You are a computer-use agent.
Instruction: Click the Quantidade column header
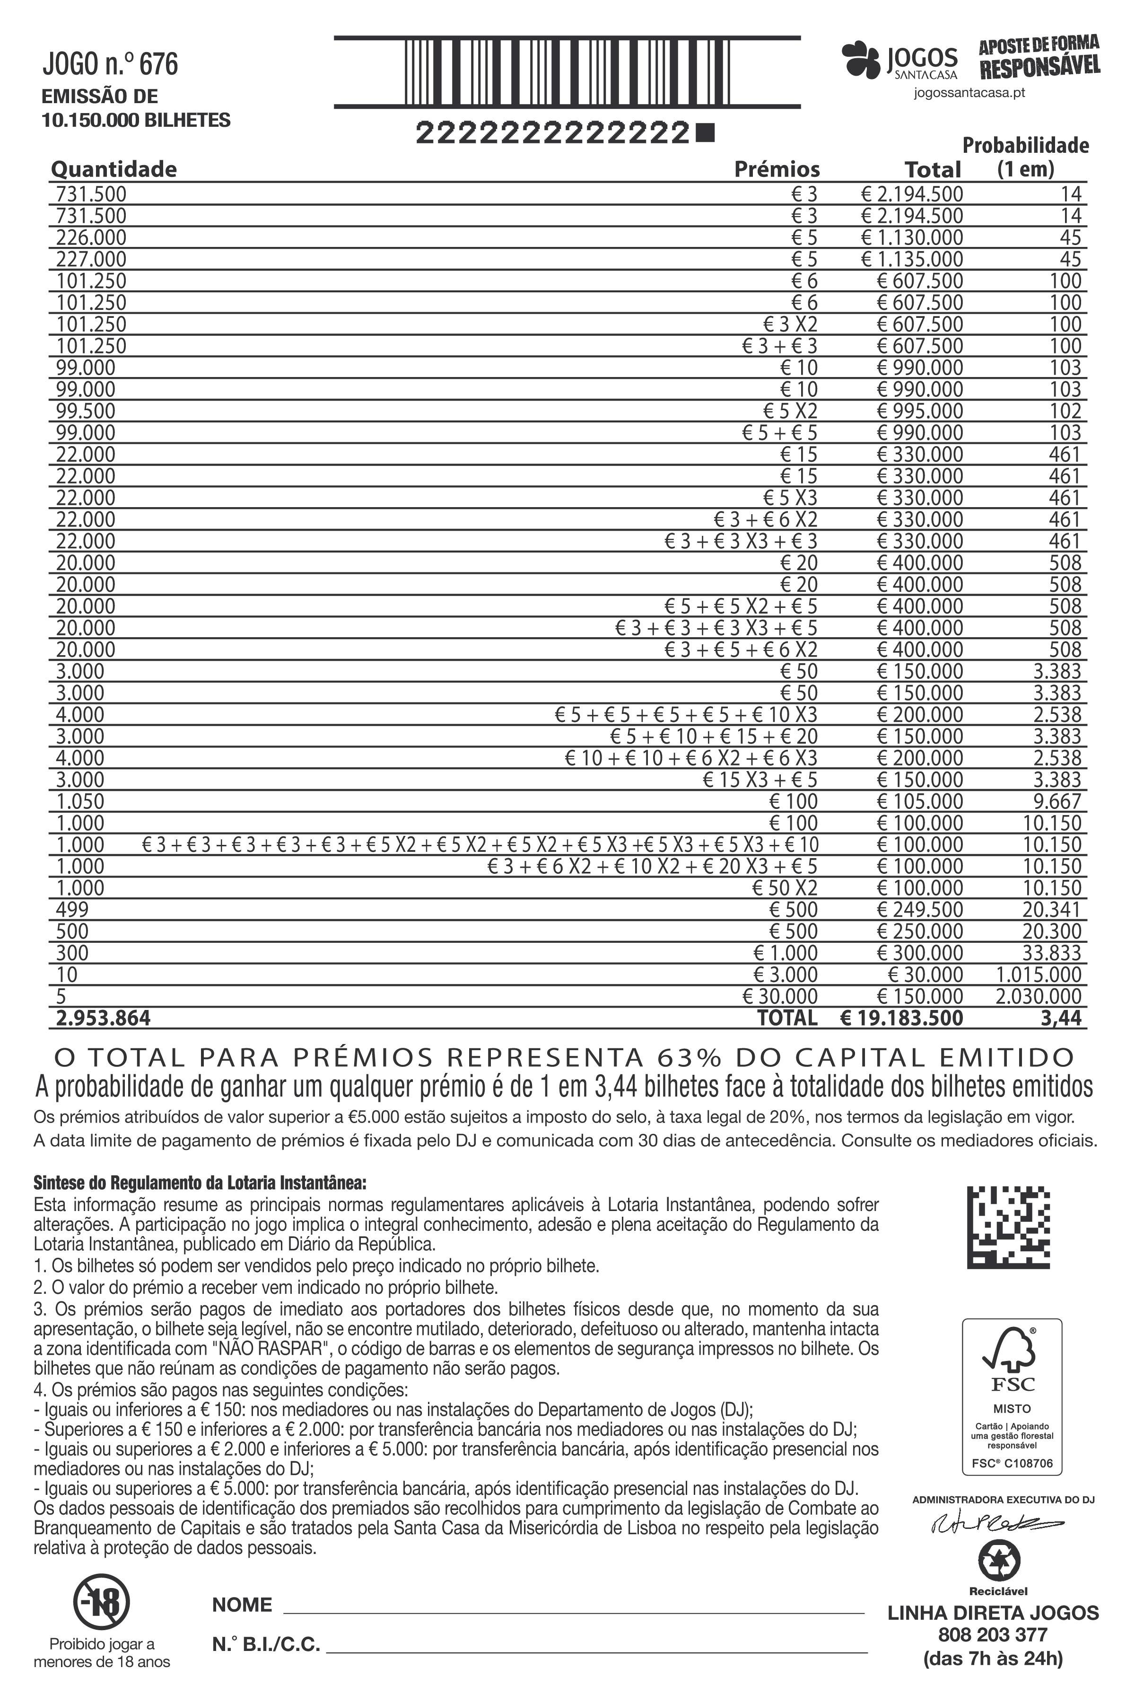[x=113, y=169]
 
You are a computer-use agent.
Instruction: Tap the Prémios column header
[x=777, y=169]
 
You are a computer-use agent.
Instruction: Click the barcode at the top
[x=567, y=72]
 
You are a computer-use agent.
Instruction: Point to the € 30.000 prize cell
[x=780, y=996]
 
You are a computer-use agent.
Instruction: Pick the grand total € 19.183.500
[x=902, y=1018]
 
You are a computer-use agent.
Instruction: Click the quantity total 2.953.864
[x=104, y=1018]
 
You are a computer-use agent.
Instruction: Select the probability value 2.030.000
[x=1038, y=996]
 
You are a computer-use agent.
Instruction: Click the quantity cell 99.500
[x=86, y=411]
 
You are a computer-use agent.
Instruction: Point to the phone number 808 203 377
[x=992, y=1635]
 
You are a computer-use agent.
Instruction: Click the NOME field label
[x=242, y=1605]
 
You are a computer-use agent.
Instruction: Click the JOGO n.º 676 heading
[x=110, y=64]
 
